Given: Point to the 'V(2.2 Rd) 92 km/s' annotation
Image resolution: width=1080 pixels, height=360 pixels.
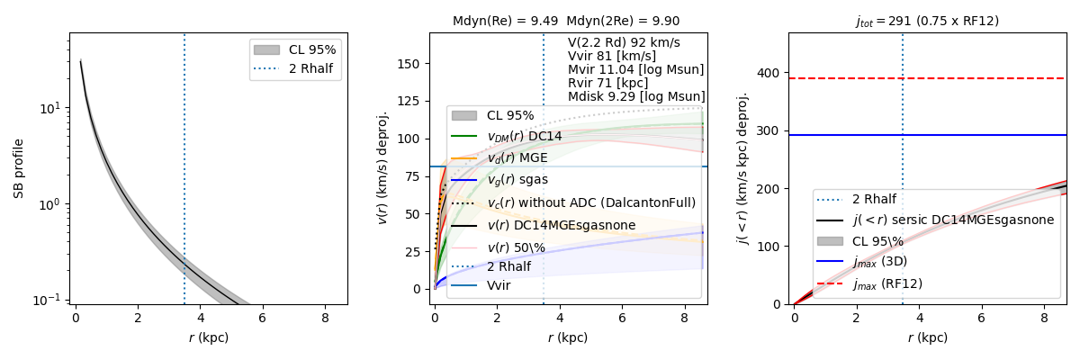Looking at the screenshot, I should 624,42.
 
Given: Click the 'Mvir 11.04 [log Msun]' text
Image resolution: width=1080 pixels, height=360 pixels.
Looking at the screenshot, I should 635,69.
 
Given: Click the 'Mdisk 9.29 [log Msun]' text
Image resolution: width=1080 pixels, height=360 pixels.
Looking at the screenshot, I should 636,96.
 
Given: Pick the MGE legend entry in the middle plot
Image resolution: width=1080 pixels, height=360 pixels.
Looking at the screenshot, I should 517,157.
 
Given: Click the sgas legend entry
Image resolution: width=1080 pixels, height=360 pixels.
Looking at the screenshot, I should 517,180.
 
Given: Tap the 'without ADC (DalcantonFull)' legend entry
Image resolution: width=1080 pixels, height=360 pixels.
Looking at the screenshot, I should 590,202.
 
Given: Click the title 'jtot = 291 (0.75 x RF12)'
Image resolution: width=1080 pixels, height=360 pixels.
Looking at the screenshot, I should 927,21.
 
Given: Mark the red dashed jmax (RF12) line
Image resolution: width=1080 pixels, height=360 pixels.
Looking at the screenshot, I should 990,78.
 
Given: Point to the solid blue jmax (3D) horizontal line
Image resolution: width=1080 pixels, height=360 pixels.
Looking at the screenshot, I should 990,135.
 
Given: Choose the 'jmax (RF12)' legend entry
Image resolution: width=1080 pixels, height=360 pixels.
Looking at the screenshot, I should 886,283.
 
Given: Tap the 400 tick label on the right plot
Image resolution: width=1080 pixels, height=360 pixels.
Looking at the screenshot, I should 771,73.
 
